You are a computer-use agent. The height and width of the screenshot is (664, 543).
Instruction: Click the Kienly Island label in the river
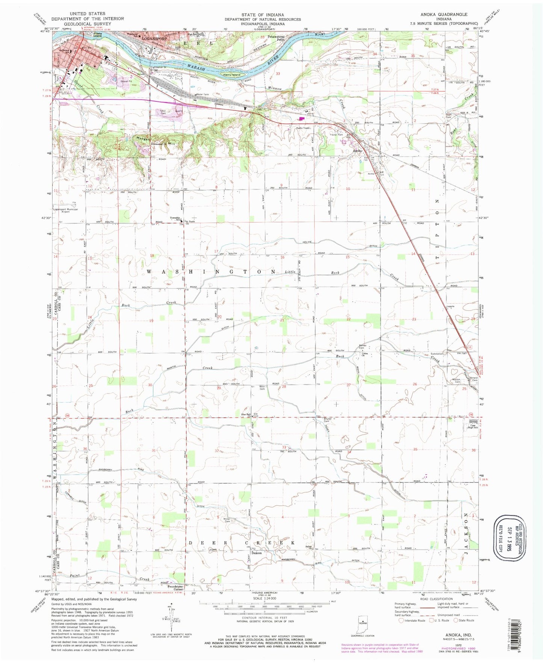tap(231, 75)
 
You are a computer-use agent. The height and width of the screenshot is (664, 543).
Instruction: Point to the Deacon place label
tap(257, 553)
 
